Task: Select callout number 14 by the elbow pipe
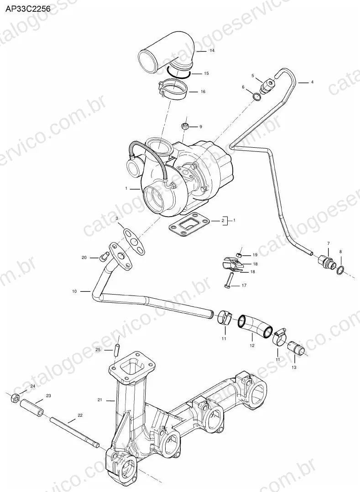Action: coord(212,51)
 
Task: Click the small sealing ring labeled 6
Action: coord(257,97)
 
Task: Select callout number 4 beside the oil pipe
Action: coord(312,82)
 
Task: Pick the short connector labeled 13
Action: coord(295,347)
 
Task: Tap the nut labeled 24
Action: coord(15,398)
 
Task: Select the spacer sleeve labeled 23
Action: coord(32,408)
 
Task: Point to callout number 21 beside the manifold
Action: coord(100,400)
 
